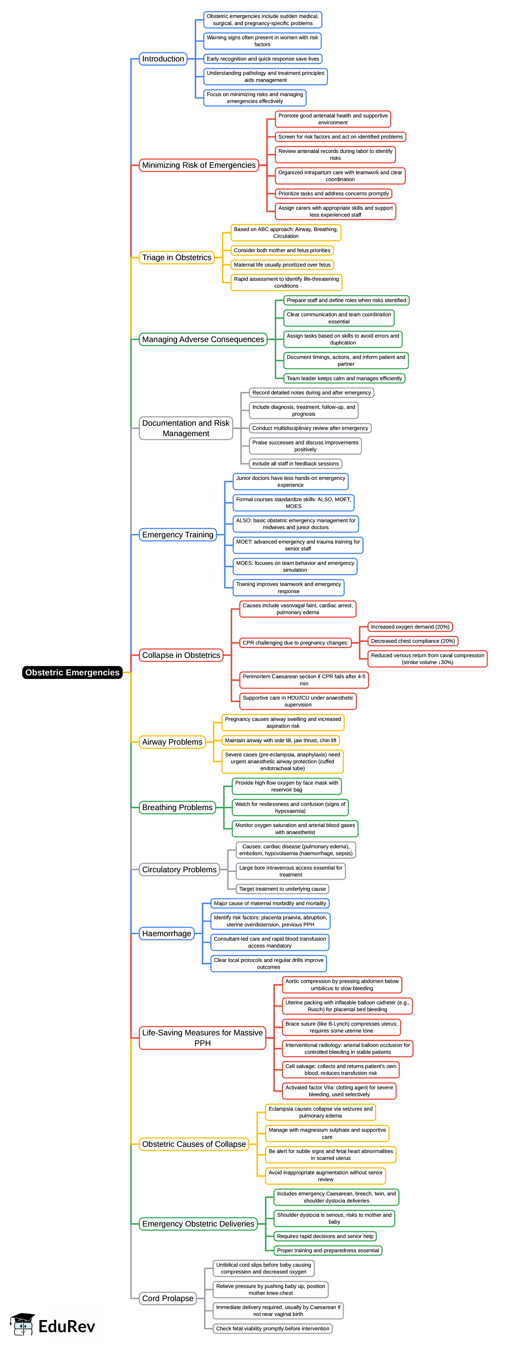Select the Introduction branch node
163,59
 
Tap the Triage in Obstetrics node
177,257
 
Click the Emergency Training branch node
178,535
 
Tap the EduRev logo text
66,1326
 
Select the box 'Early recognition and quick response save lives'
262,59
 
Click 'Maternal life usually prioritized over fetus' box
282,265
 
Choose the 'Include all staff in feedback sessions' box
295,464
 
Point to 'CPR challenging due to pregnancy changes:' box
295,643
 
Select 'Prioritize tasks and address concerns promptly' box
333,194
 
